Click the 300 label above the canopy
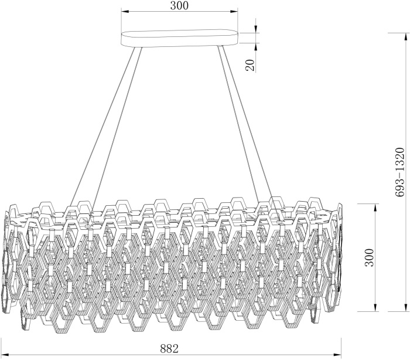179,5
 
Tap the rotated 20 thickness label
250,65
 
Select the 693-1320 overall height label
400,172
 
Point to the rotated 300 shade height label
370,257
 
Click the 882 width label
169,348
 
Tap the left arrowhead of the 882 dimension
5,355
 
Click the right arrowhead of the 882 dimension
337,355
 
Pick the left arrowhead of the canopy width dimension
125,12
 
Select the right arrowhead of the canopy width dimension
234,12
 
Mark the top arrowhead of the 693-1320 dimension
405,37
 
